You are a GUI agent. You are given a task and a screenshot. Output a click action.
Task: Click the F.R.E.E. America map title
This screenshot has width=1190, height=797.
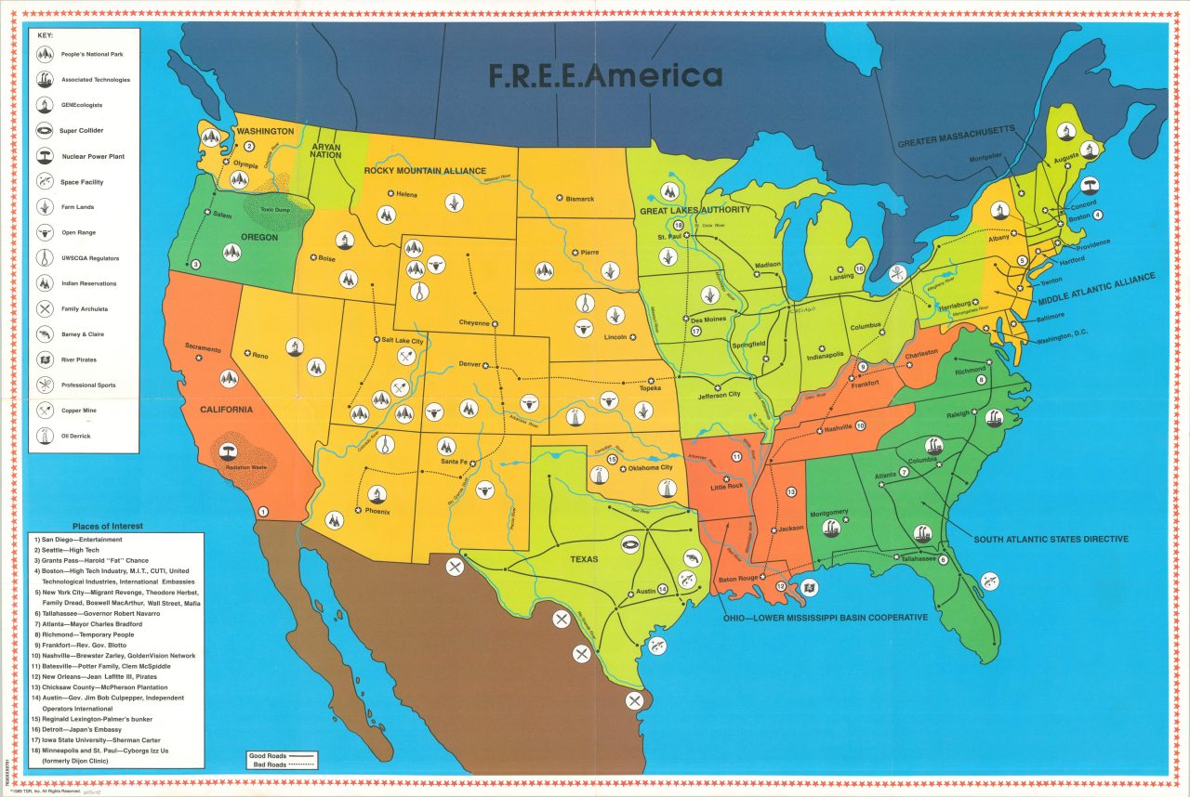click(605, 76)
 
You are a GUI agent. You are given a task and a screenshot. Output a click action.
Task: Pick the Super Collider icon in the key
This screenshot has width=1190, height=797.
click(45, 131)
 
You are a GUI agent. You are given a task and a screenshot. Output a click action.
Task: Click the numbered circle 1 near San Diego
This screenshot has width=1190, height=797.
click(263, 512)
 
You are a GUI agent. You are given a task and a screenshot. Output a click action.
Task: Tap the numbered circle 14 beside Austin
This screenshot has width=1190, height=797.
click(663, 589)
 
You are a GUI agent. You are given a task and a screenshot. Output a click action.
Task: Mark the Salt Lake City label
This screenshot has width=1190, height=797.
click(403, 340)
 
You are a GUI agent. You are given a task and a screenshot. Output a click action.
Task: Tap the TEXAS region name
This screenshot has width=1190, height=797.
click(585, 559)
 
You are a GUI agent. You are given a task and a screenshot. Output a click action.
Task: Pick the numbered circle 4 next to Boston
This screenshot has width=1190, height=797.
click(1098, 215)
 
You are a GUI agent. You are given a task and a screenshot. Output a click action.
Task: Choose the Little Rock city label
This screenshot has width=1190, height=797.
click(727, 486)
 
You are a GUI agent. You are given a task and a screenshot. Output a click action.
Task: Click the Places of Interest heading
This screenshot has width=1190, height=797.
click(104, 527)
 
